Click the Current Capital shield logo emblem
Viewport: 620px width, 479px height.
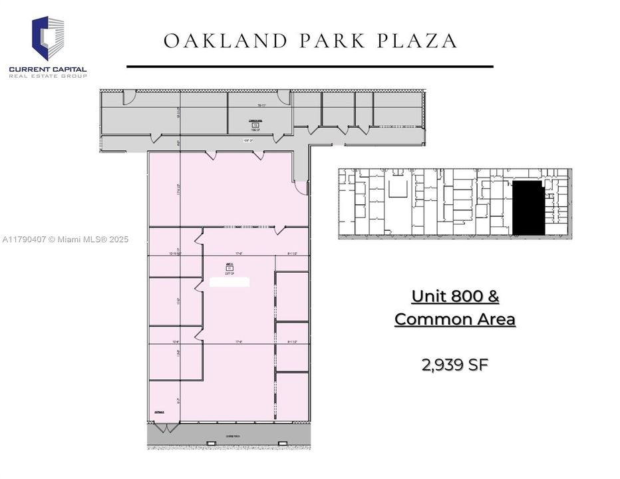click(x=49, y=38)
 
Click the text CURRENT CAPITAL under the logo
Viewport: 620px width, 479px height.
click(x=48, y=69)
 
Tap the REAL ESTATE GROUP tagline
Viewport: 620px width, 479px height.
click(x=48, y=77)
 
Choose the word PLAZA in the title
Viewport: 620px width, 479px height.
click(x=418, y=41)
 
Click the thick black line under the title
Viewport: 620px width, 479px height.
click(x=309, y=67)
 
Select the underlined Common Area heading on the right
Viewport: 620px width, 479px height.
click(x=455, y=319)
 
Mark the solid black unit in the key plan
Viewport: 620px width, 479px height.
click(x=528, y=209)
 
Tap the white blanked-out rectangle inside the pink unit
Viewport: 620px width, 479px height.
click(x=230, y=281)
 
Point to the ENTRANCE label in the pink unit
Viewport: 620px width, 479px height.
click(x=159, y=412)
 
